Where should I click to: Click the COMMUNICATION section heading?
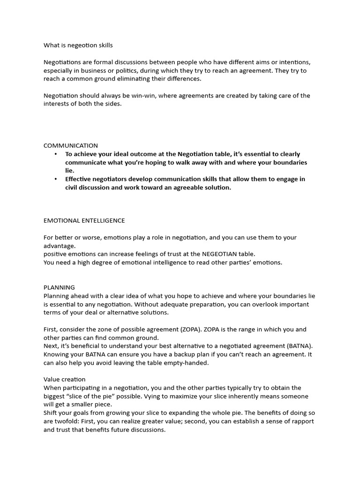71,146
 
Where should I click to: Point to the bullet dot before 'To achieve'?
56,154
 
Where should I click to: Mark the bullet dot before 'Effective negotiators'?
56,179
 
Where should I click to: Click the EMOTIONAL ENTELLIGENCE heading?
84,220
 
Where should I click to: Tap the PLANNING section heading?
59,287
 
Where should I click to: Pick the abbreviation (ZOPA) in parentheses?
191,330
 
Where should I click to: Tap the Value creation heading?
65,379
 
